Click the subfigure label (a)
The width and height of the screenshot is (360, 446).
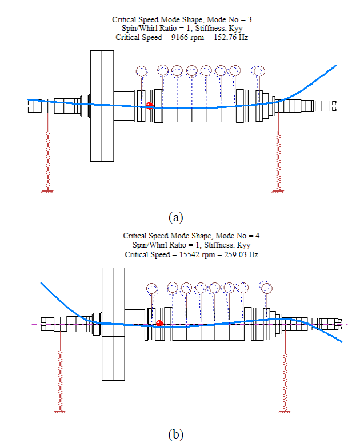coord(176,217)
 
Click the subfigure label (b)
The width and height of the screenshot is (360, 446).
coord(176,435)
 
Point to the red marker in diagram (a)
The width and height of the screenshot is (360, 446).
coord(150,105)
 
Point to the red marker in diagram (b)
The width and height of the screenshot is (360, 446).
coord(159,324)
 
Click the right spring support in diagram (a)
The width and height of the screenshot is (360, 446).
coord(278,160)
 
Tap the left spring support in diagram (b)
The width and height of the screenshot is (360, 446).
coord(60,377)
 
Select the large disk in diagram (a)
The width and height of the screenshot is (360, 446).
coord(100,106)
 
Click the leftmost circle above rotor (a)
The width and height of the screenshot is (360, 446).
coord(142,71)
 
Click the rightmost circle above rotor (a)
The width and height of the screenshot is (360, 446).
coord(260,71)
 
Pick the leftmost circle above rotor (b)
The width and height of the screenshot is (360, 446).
coord(151,288)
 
